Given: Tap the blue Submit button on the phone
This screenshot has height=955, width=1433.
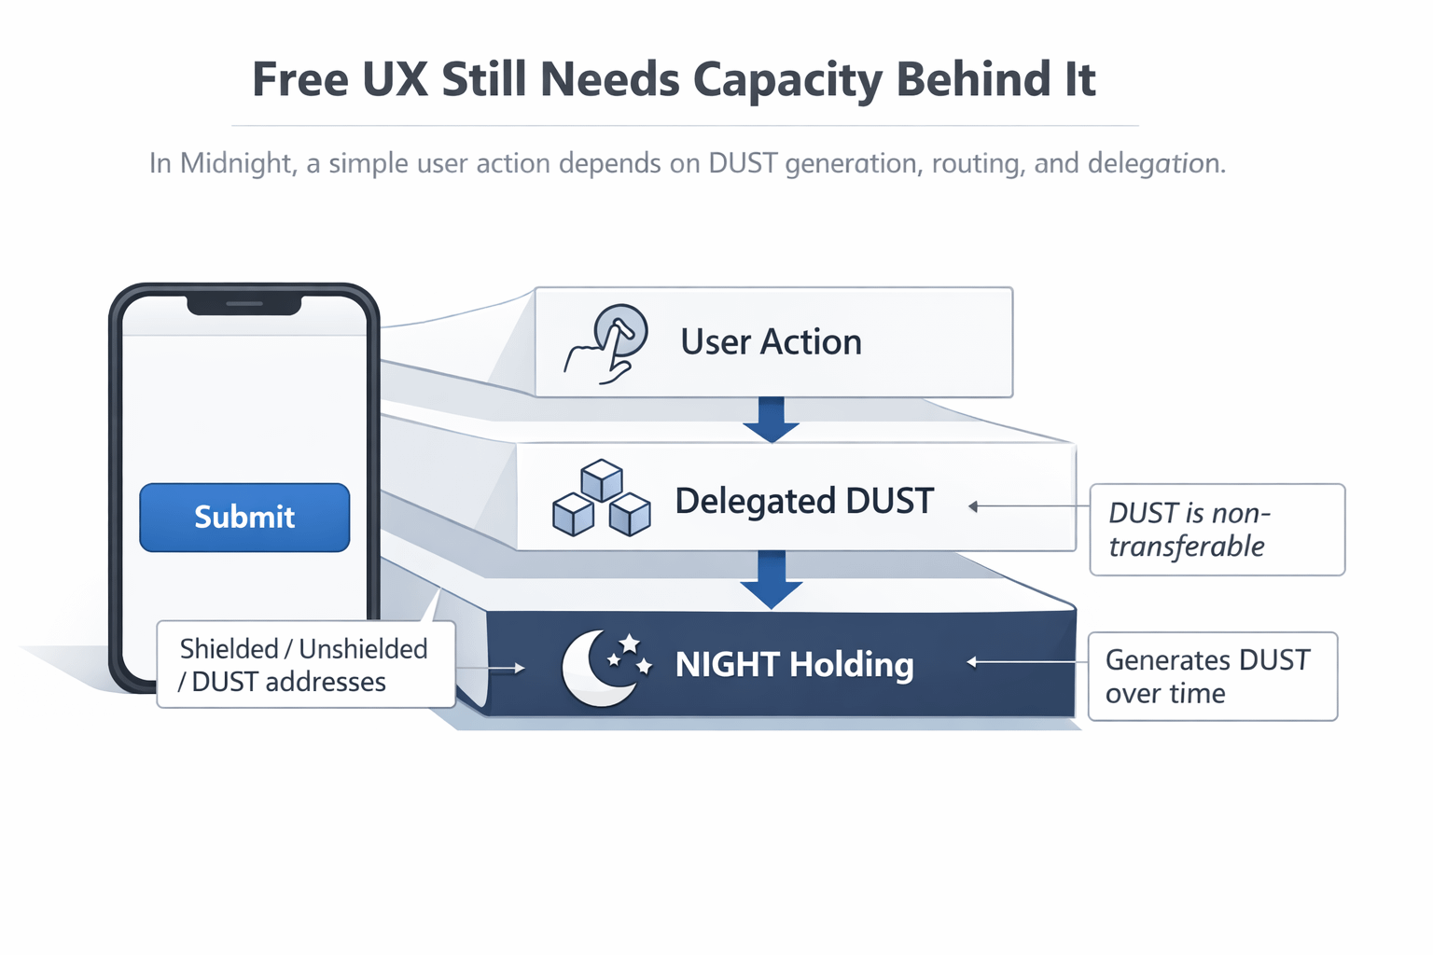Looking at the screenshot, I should (x=244, y=518).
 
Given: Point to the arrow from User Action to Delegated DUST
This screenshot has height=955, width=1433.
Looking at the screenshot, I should (x=771, y=419).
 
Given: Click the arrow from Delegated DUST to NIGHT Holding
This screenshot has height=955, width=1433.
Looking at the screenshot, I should (x=771, y=578).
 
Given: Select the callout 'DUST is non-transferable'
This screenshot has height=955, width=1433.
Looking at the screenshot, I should (x=1217, y=530).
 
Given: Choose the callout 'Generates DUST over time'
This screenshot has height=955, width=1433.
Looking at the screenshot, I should (x=1212, y=676).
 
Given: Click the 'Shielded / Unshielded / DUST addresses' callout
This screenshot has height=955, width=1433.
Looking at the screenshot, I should (x=305, y=665).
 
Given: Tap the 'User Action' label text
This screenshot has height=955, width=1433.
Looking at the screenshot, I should (x=771, y=342).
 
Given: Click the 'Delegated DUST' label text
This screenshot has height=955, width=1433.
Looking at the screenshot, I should (x=803, y=501).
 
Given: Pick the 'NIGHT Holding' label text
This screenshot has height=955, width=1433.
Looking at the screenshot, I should (x=794, y=665).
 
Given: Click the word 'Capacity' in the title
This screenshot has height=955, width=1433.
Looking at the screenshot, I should (x=788, y=80).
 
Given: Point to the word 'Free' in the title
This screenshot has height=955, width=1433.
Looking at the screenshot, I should (x=298, y=79).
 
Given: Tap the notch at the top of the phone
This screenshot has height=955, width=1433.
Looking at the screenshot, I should (x=244, y=304).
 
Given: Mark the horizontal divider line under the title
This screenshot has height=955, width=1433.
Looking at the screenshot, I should (x=685, y=125).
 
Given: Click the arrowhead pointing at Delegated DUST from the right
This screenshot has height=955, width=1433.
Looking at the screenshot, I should (x=973, y=506).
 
